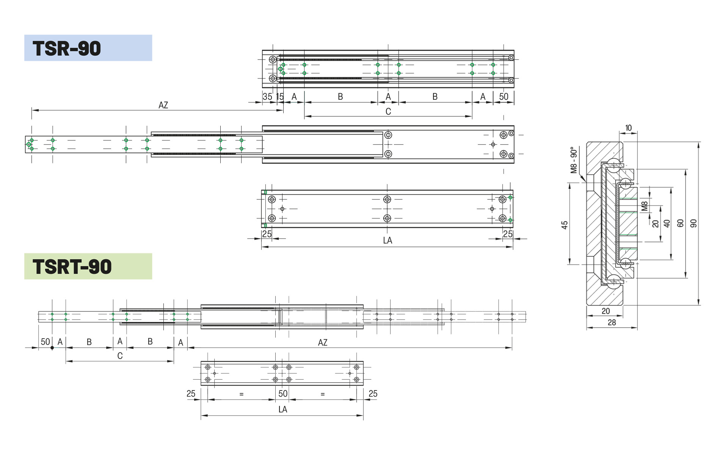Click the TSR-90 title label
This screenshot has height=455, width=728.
click(x=67, y=49)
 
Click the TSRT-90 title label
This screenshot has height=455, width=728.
click(x=72, y=267)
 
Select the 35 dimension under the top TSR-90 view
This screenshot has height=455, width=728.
click(x=267, y=97)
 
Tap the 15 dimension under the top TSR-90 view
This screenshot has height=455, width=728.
click(x=280, y=97)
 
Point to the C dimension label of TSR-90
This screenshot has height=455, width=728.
click(x=388, y=111)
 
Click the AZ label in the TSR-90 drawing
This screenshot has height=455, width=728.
click(x=163, y=105)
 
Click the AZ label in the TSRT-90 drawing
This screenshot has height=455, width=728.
click(x=322, y=342)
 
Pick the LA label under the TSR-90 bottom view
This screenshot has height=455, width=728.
click(x=387, y=240)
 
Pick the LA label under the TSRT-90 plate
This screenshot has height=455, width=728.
click(x=282, y=409)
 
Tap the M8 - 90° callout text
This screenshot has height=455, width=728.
click(x=574, y=160)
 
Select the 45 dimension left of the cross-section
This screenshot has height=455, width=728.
click(x=565, y=225)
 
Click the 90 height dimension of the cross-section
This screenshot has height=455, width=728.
click(x=693, y=223)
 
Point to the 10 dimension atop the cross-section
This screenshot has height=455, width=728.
click(x=628, y=128)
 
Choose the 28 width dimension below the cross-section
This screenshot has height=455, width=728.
click(x=612, y=322)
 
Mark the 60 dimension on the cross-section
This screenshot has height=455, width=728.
click(x=680, y=223)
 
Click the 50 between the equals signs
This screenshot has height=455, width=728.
click(x=282, y=394)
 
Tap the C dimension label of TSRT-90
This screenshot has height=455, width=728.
click(x=120, y=356)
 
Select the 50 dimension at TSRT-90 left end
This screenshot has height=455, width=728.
click(x=45, y=342)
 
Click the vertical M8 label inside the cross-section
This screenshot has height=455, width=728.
click(x=644, y=206)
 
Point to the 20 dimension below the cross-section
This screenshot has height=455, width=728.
click(x=606, y=311)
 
